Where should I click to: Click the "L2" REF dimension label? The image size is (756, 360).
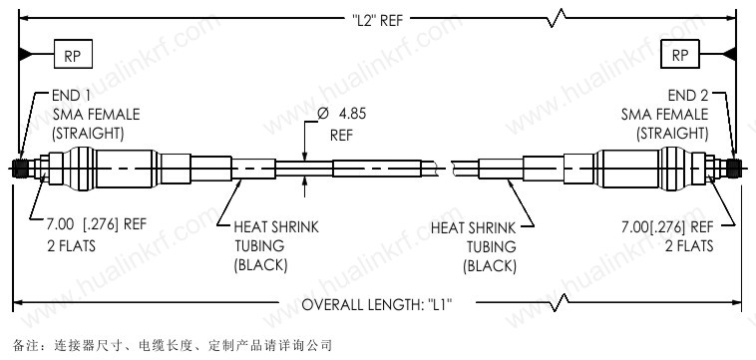pos(377,21)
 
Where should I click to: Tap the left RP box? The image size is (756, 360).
pos(73,54)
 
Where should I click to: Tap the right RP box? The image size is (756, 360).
pos(680,54)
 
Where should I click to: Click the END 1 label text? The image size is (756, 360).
pos(71,96)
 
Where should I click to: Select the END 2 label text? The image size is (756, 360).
pos(688,96)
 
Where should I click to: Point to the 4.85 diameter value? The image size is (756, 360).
pos(352,114)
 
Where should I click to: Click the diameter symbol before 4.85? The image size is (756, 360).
pos(323,114)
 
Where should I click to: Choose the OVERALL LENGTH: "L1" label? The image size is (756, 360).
pos(377,305)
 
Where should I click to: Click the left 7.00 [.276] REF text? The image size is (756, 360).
pos(97,224)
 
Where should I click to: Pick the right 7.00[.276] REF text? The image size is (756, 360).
pos(667,226)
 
